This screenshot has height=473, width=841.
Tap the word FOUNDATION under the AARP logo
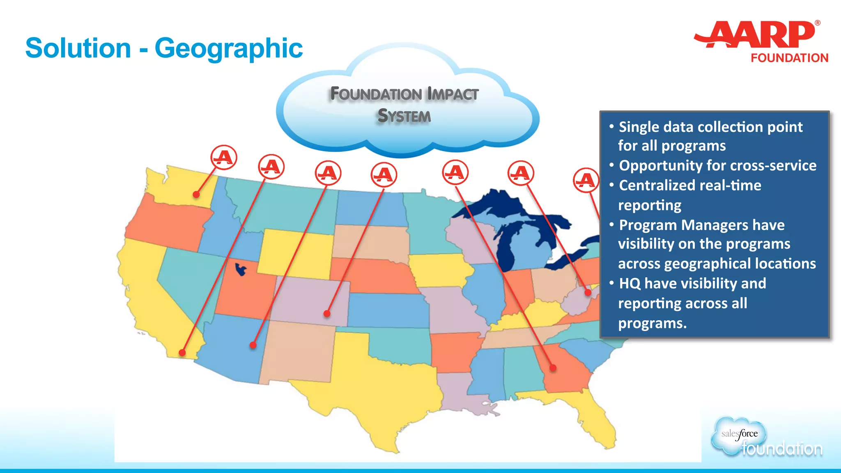click(x=789, y=58)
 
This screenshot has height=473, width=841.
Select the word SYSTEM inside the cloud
click(x=404, y=116)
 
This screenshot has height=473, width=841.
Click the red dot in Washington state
click(x=196, y=194)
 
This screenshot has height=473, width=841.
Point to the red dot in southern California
click(x=182, y=352)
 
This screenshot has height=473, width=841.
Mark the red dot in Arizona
click(x=253, y=345)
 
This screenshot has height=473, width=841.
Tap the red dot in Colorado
click(x=327, y=314)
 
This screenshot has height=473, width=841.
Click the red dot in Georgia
click(x=553, y=367)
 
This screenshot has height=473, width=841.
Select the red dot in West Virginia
click(x=588, y=293)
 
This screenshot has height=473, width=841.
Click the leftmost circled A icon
click(x=224, y=157)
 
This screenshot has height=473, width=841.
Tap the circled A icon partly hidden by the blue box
click(x=586, y=180)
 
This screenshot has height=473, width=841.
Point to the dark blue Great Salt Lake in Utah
click(x=241, y=270)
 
